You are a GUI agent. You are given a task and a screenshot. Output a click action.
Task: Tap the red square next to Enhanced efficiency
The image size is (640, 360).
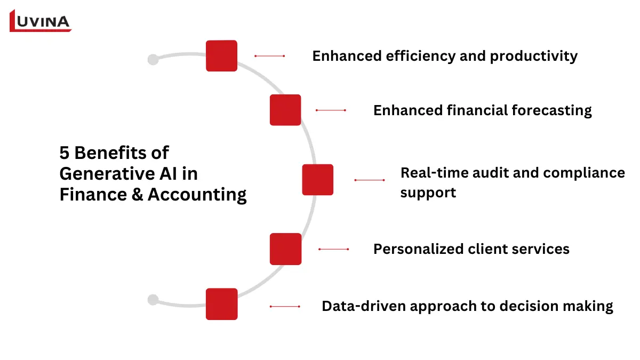point(221,55)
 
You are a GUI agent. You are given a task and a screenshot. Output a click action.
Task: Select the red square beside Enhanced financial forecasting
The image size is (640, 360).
point(285,110)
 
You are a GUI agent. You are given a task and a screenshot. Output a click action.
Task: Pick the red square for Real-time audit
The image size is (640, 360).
point(317,180)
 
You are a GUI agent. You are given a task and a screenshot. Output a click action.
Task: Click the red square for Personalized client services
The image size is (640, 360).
point(285,249)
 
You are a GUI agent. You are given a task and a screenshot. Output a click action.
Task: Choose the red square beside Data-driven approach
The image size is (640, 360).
point(221,304)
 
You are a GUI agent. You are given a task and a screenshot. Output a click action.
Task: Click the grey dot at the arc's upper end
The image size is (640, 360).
point(153,59)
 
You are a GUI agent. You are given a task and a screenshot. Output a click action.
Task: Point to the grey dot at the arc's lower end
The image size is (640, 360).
point(153,300)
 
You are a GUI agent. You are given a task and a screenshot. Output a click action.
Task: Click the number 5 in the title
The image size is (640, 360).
point(65,153)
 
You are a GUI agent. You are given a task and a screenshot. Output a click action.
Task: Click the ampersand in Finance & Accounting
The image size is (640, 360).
point(137,194)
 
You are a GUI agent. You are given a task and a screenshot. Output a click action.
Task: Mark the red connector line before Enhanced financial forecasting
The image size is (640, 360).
point(331,110)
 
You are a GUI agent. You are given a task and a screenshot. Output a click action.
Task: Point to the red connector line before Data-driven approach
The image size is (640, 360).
point(285,307)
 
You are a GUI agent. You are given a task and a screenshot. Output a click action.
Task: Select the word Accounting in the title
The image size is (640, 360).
point(197,195)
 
